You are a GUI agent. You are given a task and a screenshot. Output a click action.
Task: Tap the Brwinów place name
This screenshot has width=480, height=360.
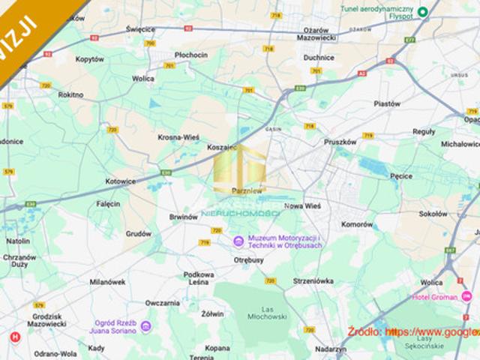click(x=183, y=217)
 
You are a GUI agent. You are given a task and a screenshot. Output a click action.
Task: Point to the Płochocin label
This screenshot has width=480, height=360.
click(x=190, y=55)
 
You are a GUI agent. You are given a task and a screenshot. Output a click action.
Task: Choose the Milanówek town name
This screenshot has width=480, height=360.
click(x=106, y=282)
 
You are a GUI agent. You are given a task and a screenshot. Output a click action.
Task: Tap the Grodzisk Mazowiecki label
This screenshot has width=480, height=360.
click(x=46, y=319)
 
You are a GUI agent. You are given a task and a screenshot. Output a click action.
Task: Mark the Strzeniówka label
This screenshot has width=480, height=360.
click(x=313, y=281)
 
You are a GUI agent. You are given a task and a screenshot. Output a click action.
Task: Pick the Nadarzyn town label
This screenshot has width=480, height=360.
click(x=330, y=349)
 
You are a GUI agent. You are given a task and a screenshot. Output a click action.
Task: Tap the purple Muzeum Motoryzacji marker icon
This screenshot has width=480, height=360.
click(x=238, y=241)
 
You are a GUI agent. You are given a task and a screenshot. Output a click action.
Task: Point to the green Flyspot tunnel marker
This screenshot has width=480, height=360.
click(x=423, y=12)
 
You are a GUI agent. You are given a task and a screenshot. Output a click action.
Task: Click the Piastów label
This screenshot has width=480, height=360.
click(x=387, y=104)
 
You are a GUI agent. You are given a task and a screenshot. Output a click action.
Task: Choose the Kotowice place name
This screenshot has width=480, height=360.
click(x=120, y=181)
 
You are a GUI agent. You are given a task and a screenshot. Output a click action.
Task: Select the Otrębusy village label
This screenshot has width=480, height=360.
click(x=249, y=259)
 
